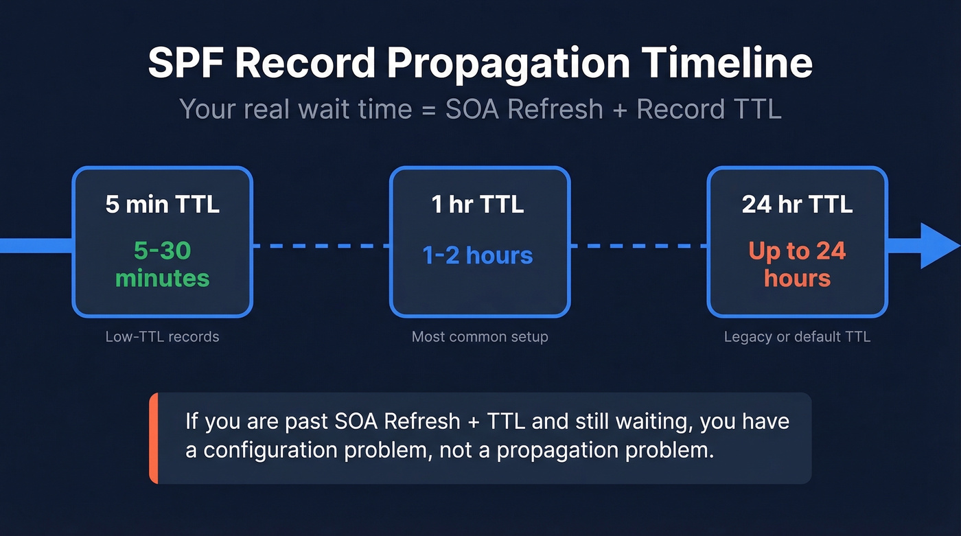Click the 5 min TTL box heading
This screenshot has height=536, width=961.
(163, 205)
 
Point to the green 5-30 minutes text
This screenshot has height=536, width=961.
(163, 264)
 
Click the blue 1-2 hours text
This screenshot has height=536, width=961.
(478, 255)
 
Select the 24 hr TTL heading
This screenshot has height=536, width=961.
(797, 205)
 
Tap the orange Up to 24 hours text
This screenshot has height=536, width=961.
(797, 264)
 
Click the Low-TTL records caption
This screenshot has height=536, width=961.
(163, 337)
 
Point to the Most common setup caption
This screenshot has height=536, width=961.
(480, 337)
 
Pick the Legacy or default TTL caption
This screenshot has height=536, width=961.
(797, 337)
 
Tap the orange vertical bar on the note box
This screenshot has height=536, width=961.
(154, 438)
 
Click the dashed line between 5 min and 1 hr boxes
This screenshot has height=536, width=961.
(321, 245)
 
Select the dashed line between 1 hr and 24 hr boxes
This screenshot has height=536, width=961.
(638, 245)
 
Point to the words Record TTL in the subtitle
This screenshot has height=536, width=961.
(709, 110)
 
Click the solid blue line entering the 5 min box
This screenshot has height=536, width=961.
(34, 245)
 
